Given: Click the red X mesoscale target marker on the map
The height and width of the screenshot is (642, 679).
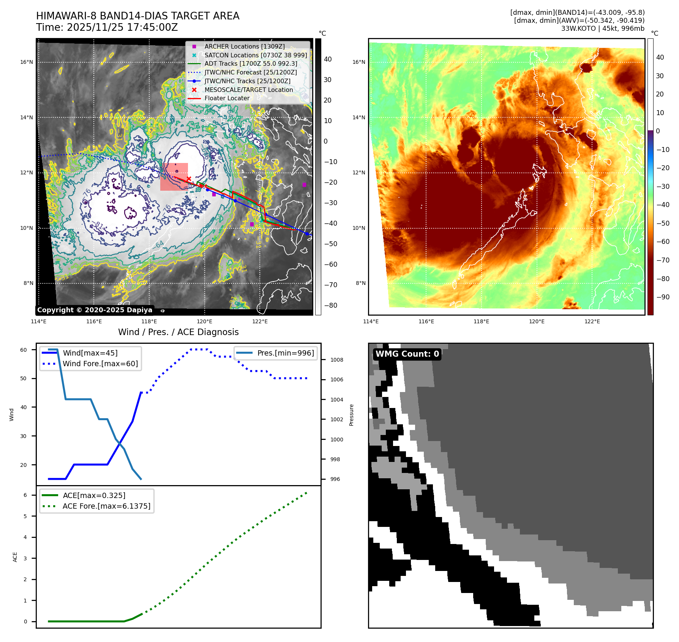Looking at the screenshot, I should [189, 179].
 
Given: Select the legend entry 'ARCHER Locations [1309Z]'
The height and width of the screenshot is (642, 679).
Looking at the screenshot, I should [244, 46].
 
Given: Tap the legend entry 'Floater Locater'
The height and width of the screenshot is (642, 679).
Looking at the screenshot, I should [227, 98].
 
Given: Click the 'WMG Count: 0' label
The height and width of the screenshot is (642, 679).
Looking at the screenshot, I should [407, 354].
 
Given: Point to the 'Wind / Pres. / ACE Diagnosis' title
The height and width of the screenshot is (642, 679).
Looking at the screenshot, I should [178, 332].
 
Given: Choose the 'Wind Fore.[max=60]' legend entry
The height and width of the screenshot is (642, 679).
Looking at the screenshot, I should [100, 364].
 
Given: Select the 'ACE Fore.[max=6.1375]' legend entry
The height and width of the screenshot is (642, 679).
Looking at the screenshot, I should [106, 506].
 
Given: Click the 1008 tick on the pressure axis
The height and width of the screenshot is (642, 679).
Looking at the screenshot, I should [336, 360].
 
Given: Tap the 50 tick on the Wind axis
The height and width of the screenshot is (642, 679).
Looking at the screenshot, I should [24, 378].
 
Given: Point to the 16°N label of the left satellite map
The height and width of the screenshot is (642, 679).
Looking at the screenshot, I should [27, 62].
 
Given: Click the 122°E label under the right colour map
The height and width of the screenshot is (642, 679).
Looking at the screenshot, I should [592, 321].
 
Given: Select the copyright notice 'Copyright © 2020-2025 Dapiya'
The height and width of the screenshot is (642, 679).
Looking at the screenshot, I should [95, 310].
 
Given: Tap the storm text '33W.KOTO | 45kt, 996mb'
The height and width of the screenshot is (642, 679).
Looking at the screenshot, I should [603, 28].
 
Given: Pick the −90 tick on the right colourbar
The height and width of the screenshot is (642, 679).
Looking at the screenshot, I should [663, 297].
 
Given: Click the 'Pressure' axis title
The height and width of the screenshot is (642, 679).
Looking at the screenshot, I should [351, 415].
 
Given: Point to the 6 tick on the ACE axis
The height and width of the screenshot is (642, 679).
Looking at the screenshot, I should [25, 495].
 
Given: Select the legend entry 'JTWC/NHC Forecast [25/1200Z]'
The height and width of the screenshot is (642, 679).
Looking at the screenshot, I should [251, 72].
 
